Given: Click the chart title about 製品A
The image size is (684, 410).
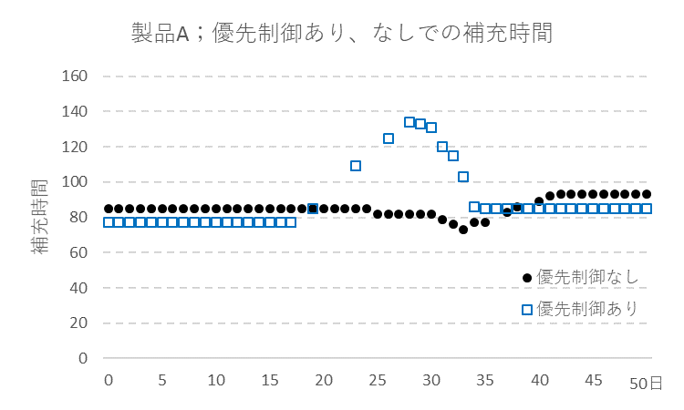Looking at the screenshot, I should pyautogui.click(x=342, y=33).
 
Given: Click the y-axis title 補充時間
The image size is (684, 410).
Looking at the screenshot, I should pyautogui.click(x=42, y=216).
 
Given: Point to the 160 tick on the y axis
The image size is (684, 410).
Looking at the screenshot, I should pyautogui.click(x=74, y=76).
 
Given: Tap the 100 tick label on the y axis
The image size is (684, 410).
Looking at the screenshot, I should pyautogui.click(x=74, y=181).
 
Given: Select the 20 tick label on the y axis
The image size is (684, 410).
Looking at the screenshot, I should pyautogui.click(x=78, y=323).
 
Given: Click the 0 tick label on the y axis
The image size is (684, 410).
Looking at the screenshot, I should pyautogui.click(x=81, y=358).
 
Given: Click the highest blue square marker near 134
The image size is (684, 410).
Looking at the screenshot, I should pyautogui.click(x=409, y=122).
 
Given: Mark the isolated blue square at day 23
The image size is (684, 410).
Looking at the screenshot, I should pyautogui.click(x=356, y=166).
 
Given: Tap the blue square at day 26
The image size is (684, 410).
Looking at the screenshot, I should pyautogui.click(x=389, y=138).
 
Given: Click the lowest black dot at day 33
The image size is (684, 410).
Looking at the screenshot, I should pyautogui.click(x=463, y=230).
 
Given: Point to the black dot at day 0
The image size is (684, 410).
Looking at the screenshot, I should pyautogui.click(x=109, y=209).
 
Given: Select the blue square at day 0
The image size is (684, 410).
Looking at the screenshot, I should pyautogui.click(x=109, y=222).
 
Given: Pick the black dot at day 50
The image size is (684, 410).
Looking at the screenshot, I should pyautogui.click(x=647, y=194).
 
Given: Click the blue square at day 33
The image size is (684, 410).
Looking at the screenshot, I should pyautogui.click(x=463, y=177).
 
